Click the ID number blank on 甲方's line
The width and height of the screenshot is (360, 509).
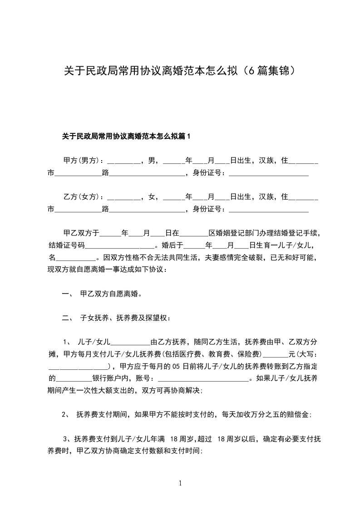(269, 173)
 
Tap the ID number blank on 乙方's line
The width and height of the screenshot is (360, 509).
(269, 209)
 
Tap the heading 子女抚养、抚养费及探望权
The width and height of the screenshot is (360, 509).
(125, 318)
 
